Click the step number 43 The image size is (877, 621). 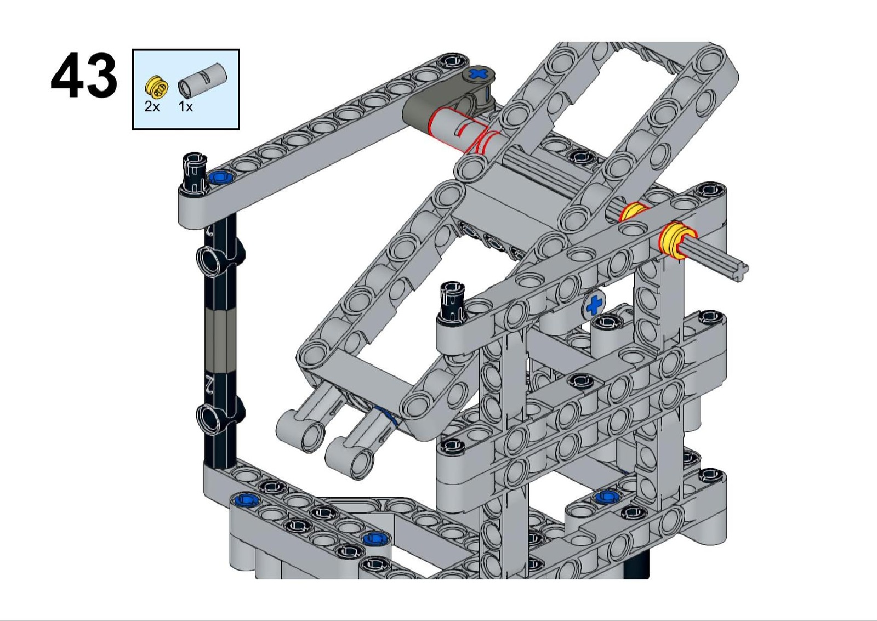84,76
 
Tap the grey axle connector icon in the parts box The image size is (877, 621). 202,80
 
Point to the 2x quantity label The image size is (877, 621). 152,106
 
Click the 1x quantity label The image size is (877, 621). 186,106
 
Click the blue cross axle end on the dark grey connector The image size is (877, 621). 478,73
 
